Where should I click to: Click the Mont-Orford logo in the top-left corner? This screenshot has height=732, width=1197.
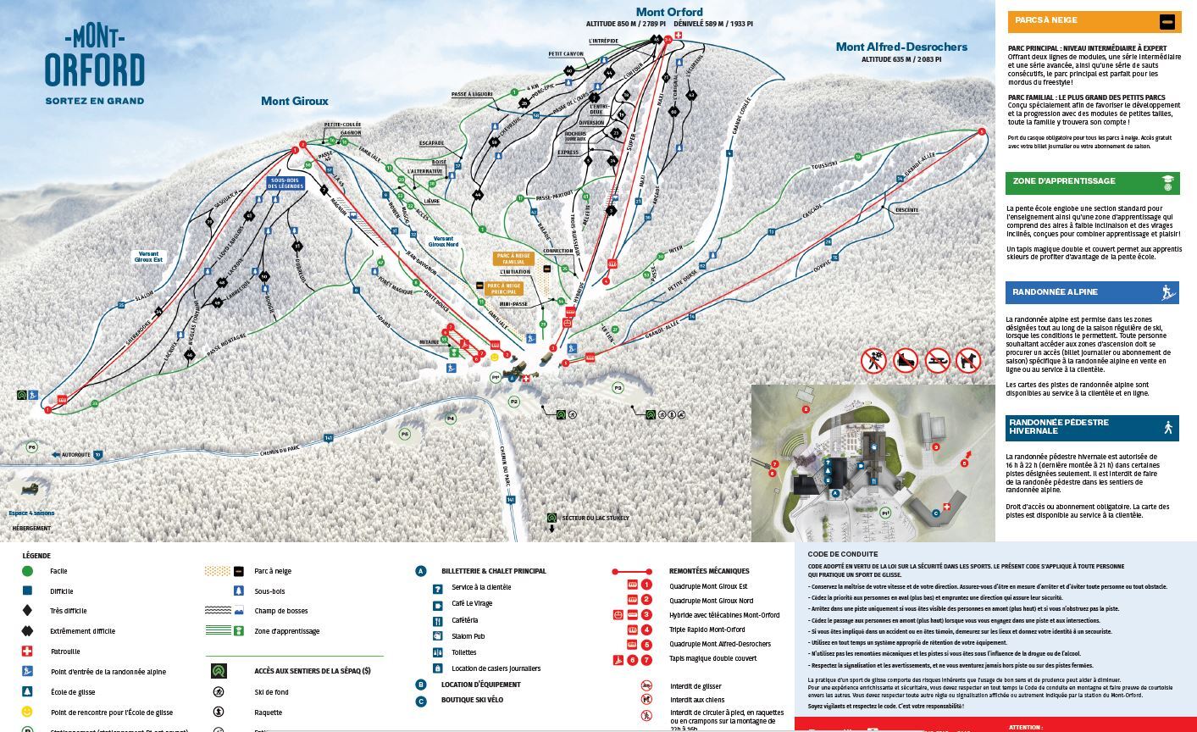(x=94, y=65)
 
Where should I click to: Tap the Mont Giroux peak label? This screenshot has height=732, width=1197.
(x=294, y=101)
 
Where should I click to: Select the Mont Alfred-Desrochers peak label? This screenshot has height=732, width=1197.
(x=901, y=47)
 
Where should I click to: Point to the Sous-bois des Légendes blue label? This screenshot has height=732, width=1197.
(x=285, y=183)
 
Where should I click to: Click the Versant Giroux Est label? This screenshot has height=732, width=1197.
(x=147, y=257)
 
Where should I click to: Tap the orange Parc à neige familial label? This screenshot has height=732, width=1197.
(x=514, y=258)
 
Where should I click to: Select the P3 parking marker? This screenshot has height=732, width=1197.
(x=618, y=388)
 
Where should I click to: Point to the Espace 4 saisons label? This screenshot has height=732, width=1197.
(x=31, y=513)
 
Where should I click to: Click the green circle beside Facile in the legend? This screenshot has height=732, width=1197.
(x=27, y=571)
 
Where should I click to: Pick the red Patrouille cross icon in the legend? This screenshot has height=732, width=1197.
(x=27, y=651)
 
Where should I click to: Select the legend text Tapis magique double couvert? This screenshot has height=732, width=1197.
(x=712, y=659)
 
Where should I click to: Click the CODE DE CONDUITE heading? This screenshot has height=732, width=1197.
(x=842, y=554)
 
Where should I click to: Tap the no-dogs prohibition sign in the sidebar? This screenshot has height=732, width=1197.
(x=967, y=361)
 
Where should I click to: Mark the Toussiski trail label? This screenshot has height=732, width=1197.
(x=823, y=164)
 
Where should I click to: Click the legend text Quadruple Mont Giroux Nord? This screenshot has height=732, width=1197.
(x=711, y=601)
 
